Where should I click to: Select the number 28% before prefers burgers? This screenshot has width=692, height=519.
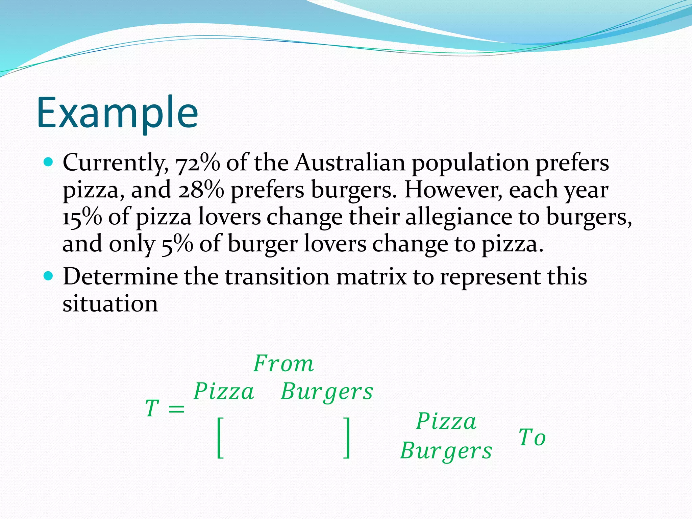(201, 190)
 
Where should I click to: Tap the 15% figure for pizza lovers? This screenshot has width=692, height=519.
(82, 217)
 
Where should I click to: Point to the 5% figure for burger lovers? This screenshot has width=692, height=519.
(177, 244)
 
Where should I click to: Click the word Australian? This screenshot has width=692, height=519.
(349, 163)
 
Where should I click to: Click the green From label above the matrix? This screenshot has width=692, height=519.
(283, 364)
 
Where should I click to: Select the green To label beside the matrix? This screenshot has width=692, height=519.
(532, 438)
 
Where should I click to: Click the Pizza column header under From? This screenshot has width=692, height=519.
(224, 392)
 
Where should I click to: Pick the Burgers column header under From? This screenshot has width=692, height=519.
(327, 392)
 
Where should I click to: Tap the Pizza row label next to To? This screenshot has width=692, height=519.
(446, 421)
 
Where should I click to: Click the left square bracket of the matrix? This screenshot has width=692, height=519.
(220, 438)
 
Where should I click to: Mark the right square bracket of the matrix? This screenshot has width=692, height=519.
(346, 438)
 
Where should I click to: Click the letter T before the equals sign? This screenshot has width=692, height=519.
(152, 408)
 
